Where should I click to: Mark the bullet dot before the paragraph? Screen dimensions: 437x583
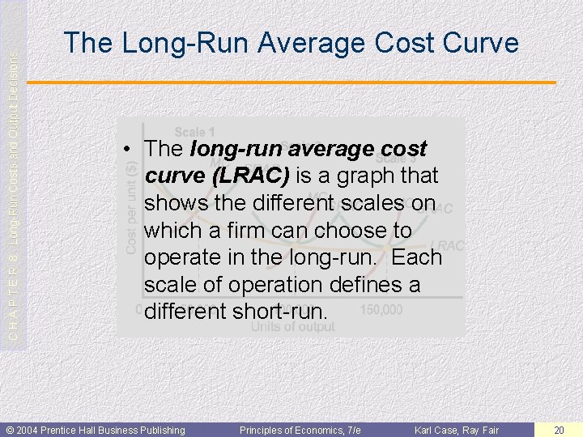click(x=128, y=150)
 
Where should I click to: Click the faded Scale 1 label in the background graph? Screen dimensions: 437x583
click(x=195, y=132)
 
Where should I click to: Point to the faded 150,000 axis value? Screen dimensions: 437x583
click(x=380, y=311)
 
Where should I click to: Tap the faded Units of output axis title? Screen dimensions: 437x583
click(x=292, y=327)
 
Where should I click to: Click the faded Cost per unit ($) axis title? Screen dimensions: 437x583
click(x=132, y=208)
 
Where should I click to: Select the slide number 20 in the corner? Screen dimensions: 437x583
click(x=559, y=430)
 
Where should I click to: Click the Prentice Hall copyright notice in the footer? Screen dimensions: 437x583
click(x=96, y=430)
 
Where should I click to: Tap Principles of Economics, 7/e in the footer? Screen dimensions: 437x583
click(x=300, y=430)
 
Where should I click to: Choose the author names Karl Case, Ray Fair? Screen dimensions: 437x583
click(x=457, y=430)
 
